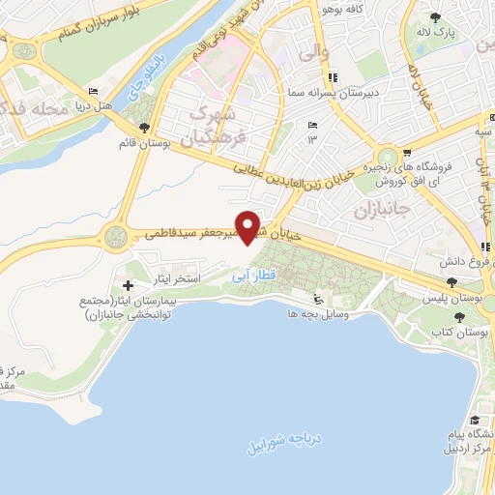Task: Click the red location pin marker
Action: pos(248,226)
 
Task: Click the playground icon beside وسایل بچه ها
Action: pos(322,299)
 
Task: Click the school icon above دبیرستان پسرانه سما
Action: pos(334,78)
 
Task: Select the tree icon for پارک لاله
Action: pos(435,17)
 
